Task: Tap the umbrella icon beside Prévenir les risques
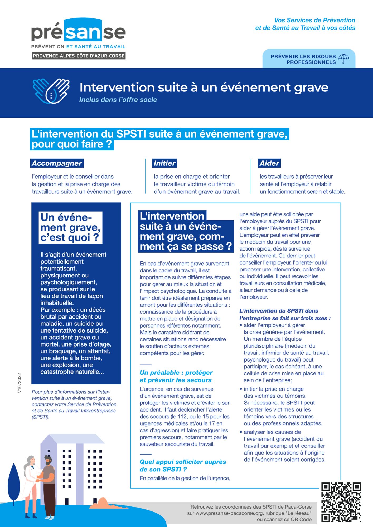coord(343,59)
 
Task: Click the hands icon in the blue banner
coord(51,91)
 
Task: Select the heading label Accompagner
coord(57,163)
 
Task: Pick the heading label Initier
coord(164,163)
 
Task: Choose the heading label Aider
coord(269,163)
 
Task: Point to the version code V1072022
coord(20,383)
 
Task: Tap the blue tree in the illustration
coord(14,482)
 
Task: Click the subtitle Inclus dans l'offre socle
coord(118,100)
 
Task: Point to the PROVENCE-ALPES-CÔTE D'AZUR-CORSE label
coord(79,56)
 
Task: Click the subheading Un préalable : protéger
coord(176,372)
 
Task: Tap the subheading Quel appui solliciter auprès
coord(183,462)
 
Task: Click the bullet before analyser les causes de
coord(241,432)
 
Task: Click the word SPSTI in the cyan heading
coord(131,134)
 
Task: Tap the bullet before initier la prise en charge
coord(241,389)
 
